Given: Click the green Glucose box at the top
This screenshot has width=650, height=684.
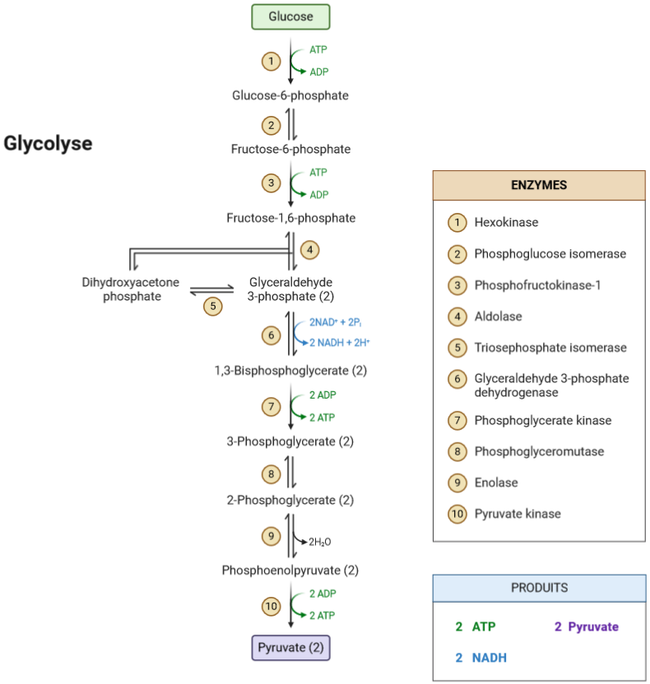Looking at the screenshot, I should click(290, 16).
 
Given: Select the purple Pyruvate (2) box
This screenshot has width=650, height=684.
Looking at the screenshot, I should click(290, 648).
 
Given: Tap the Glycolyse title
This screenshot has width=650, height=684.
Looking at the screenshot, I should click(48, 144).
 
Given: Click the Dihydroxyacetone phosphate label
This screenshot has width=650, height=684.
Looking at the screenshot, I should click(131, 289).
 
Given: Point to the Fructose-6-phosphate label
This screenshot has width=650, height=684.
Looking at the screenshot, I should click(290, 149).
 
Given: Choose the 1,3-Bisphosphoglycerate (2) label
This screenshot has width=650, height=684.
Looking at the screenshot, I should click(290, 371).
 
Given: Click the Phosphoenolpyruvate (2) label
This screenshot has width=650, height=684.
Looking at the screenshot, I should click(290, 570).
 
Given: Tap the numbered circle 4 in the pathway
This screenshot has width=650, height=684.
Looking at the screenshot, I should click(309, 249).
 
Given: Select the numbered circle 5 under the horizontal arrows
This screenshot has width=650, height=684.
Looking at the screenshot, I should click(212, 306).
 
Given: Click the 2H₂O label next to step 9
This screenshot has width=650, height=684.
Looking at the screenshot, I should click(320, 542).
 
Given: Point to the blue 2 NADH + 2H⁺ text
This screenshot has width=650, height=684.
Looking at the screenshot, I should click(340, 342).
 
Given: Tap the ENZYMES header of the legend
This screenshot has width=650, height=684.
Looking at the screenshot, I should click(539, 186).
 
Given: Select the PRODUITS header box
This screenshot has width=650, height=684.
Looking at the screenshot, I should click(539, 589).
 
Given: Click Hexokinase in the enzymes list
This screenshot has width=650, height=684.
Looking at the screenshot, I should click(506, 222).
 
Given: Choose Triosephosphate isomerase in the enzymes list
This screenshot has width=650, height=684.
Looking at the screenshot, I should click(550, 347).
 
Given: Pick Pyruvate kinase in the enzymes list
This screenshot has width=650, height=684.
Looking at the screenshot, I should click(517, 514).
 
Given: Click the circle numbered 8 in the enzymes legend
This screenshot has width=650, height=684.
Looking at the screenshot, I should click(456, 451).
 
